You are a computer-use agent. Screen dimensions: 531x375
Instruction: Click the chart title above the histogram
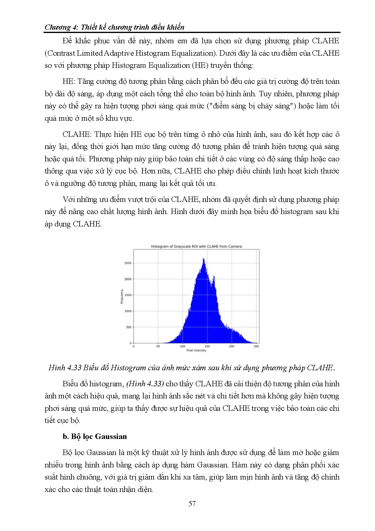coord(196,246)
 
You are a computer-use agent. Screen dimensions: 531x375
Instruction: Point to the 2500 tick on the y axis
coord(128,263)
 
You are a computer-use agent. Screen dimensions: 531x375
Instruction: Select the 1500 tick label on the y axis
coord(128,295)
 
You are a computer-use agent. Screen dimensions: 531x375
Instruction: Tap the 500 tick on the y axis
coord(129,327)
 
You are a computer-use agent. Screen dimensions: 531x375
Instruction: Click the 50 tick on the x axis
coord(158,346)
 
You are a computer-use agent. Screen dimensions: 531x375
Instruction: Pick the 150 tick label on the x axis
coord(207,346)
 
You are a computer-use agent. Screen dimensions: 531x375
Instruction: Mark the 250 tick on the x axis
coord(256,346)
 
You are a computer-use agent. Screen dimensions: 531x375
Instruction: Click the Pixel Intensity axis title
coord(196,351)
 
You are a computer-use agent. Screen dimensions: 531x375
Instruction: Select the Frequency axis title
coord(122,296)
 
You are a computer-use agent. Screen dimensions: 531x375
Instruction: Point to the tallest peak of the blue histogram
coord(204,259)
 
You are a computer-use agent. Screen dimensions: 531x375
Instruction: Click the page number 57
coord(192,503)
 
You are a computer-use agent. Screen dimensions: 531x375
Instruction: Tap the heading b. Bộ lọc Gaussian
coord(95,437)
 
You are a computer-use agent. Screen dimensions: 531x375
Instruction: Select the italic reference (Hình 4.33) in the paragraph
coord(145,384)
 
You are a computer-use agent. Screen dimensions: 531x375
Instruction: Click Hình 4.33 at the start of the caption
coord(65,368)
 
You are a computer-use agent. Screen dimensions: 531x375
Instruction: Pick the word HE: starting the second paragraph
coord(68,81)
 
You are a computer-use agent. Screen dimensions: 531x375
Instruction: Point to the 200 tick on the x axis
coord(232,346)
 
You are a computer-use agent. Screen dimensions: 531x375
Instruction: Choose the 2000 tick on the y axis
coord(128,279)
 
